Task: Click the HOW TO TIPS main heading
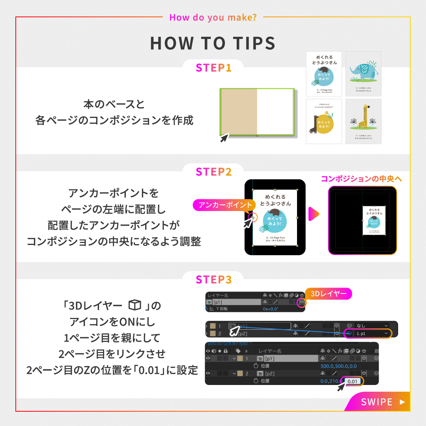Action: [213, 43]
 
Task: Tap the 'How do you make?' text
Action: [213, 17]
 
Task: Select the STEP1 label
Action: [213, 67]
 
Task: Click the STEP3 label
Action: [213, 279]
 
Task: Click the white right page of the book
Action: [275, 112]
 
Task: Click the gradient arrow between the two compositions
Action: [314, 215]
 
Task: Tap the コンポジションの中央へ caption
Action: [361, 179]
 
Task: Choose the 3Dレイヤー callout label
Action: [328, 294]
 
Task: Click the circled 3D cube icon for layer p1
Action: [302, 302]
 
